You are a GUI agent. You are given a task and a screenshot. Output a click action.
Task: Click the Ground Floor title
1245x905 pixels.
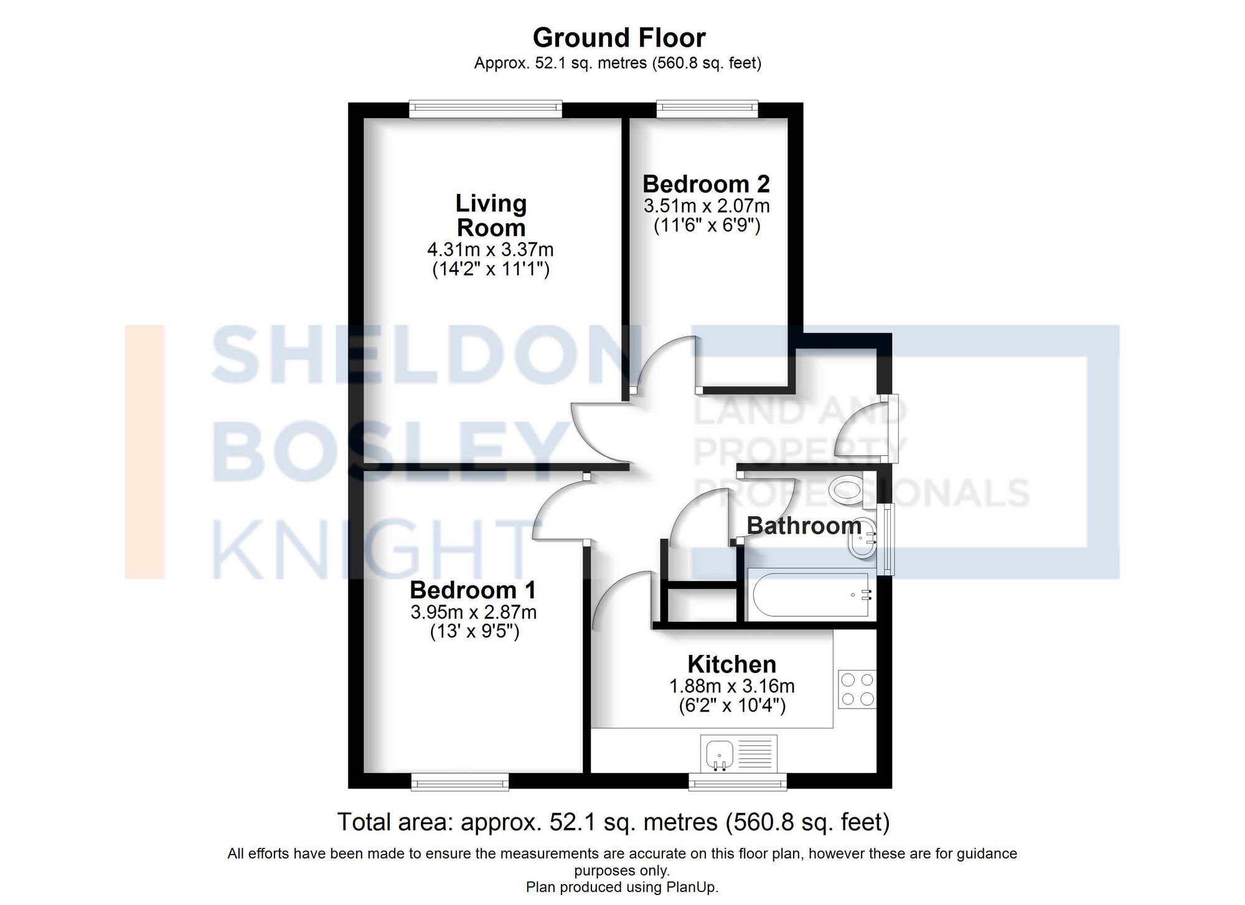click(619, 38)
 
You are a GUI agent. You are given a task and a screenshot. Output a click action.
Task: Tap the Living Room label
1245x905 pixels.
click(491, 215)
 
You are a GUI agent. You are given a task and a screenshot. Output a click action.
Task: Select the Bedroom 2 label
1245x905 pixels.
click(706, 184)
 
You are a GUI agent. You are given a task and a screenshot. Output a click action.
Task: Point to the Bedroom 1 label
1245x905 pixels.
click(472, 590)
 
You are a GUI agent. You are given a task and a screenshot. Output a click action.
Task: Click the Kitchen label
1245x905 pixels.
click(731, 664)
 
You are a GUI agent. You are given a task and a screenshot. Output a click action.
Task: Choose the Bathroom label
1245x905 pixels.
click(804, 526)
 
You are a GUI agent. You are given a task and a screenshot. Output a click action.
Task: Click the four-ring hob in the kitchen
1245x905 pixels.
click(857, 689)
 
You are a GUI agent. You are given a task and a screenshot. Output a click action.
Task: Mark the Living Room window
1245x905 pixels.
click(486, 109)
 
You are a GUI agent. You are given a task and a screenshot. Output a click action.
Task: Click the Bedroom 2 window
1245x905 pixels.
click(707, 109)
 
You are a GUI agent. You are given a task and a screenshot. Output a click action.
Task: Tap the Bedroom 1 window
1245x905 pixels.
click(460, 782)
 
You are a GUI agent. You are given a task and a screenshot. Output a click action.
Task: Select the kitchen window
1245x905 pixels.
click(737, 782)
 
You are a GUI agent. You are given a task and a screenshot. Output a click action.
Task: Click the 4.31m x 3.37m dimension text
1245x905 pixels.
click(491, 250)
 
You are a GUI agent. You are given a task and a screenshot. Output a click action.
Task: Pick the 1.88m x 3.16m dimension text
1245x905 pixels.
click(731, 687)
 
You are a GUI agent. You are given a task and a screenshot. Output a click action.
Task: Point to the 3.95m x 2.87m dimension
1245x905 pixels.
click(473, 612)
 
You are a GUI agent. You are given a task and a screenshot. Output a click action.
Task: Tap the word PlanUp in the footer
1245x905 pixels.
click(694, 887)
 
